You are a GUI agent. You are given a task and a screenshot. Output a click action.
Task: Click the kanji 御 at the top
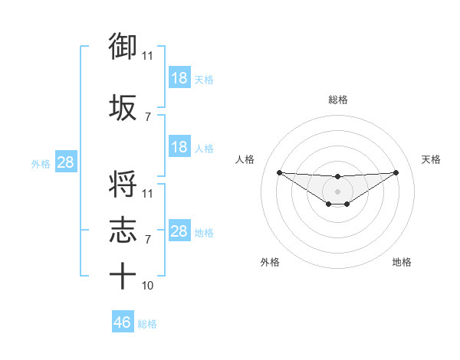tap(123, 47)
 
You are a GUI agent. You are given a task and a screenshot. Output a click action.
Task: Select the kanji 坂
tap(123, 108)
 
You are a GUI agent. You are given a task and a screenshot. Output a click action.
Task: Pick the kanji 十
tap(123, 277)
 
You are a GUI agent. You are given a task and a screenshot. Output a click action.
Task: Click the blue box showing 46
tap(123, 322)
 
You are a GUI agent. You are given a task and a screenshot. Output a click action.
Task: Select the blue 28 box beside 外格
tap(65, 163)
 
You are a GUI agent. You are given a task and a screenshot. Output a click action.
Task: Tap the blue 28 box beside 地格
tap(179, 231)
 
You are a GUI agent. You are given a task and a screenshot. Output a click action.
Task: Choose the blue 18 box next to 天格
tap(179, 78)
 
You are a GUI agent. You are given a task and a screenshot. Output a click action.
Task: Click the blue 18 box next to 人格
tap(179, 147)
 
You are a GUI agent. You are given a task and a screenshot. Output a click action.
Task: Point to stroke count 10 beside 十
tap(148, 286)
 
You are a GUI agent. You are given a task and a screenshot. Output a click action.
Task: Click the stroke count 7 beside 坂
tap(148, 117)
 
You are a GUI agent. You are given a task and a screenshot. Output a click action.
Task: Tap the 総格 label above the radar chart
tap(338, 100)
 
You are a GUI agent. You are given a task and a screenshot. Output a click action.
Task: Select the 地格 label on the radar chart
tap(402, 262)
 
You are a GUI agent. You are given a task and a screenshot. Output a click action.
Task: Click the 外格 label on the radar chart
tap(271, 262)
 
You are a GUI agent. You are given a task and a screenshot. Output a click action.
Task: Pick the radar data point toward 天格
tap(396, 172)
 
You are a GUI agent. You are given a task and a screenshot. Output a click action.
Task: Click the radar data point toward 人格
tap(279, 172)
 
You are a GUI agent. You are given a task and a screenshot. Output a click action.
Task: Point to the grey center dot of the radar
tap(337, 191)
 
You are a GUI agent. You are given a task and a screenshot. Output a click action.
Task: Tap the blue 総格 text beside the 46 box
tap(147, 324)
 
